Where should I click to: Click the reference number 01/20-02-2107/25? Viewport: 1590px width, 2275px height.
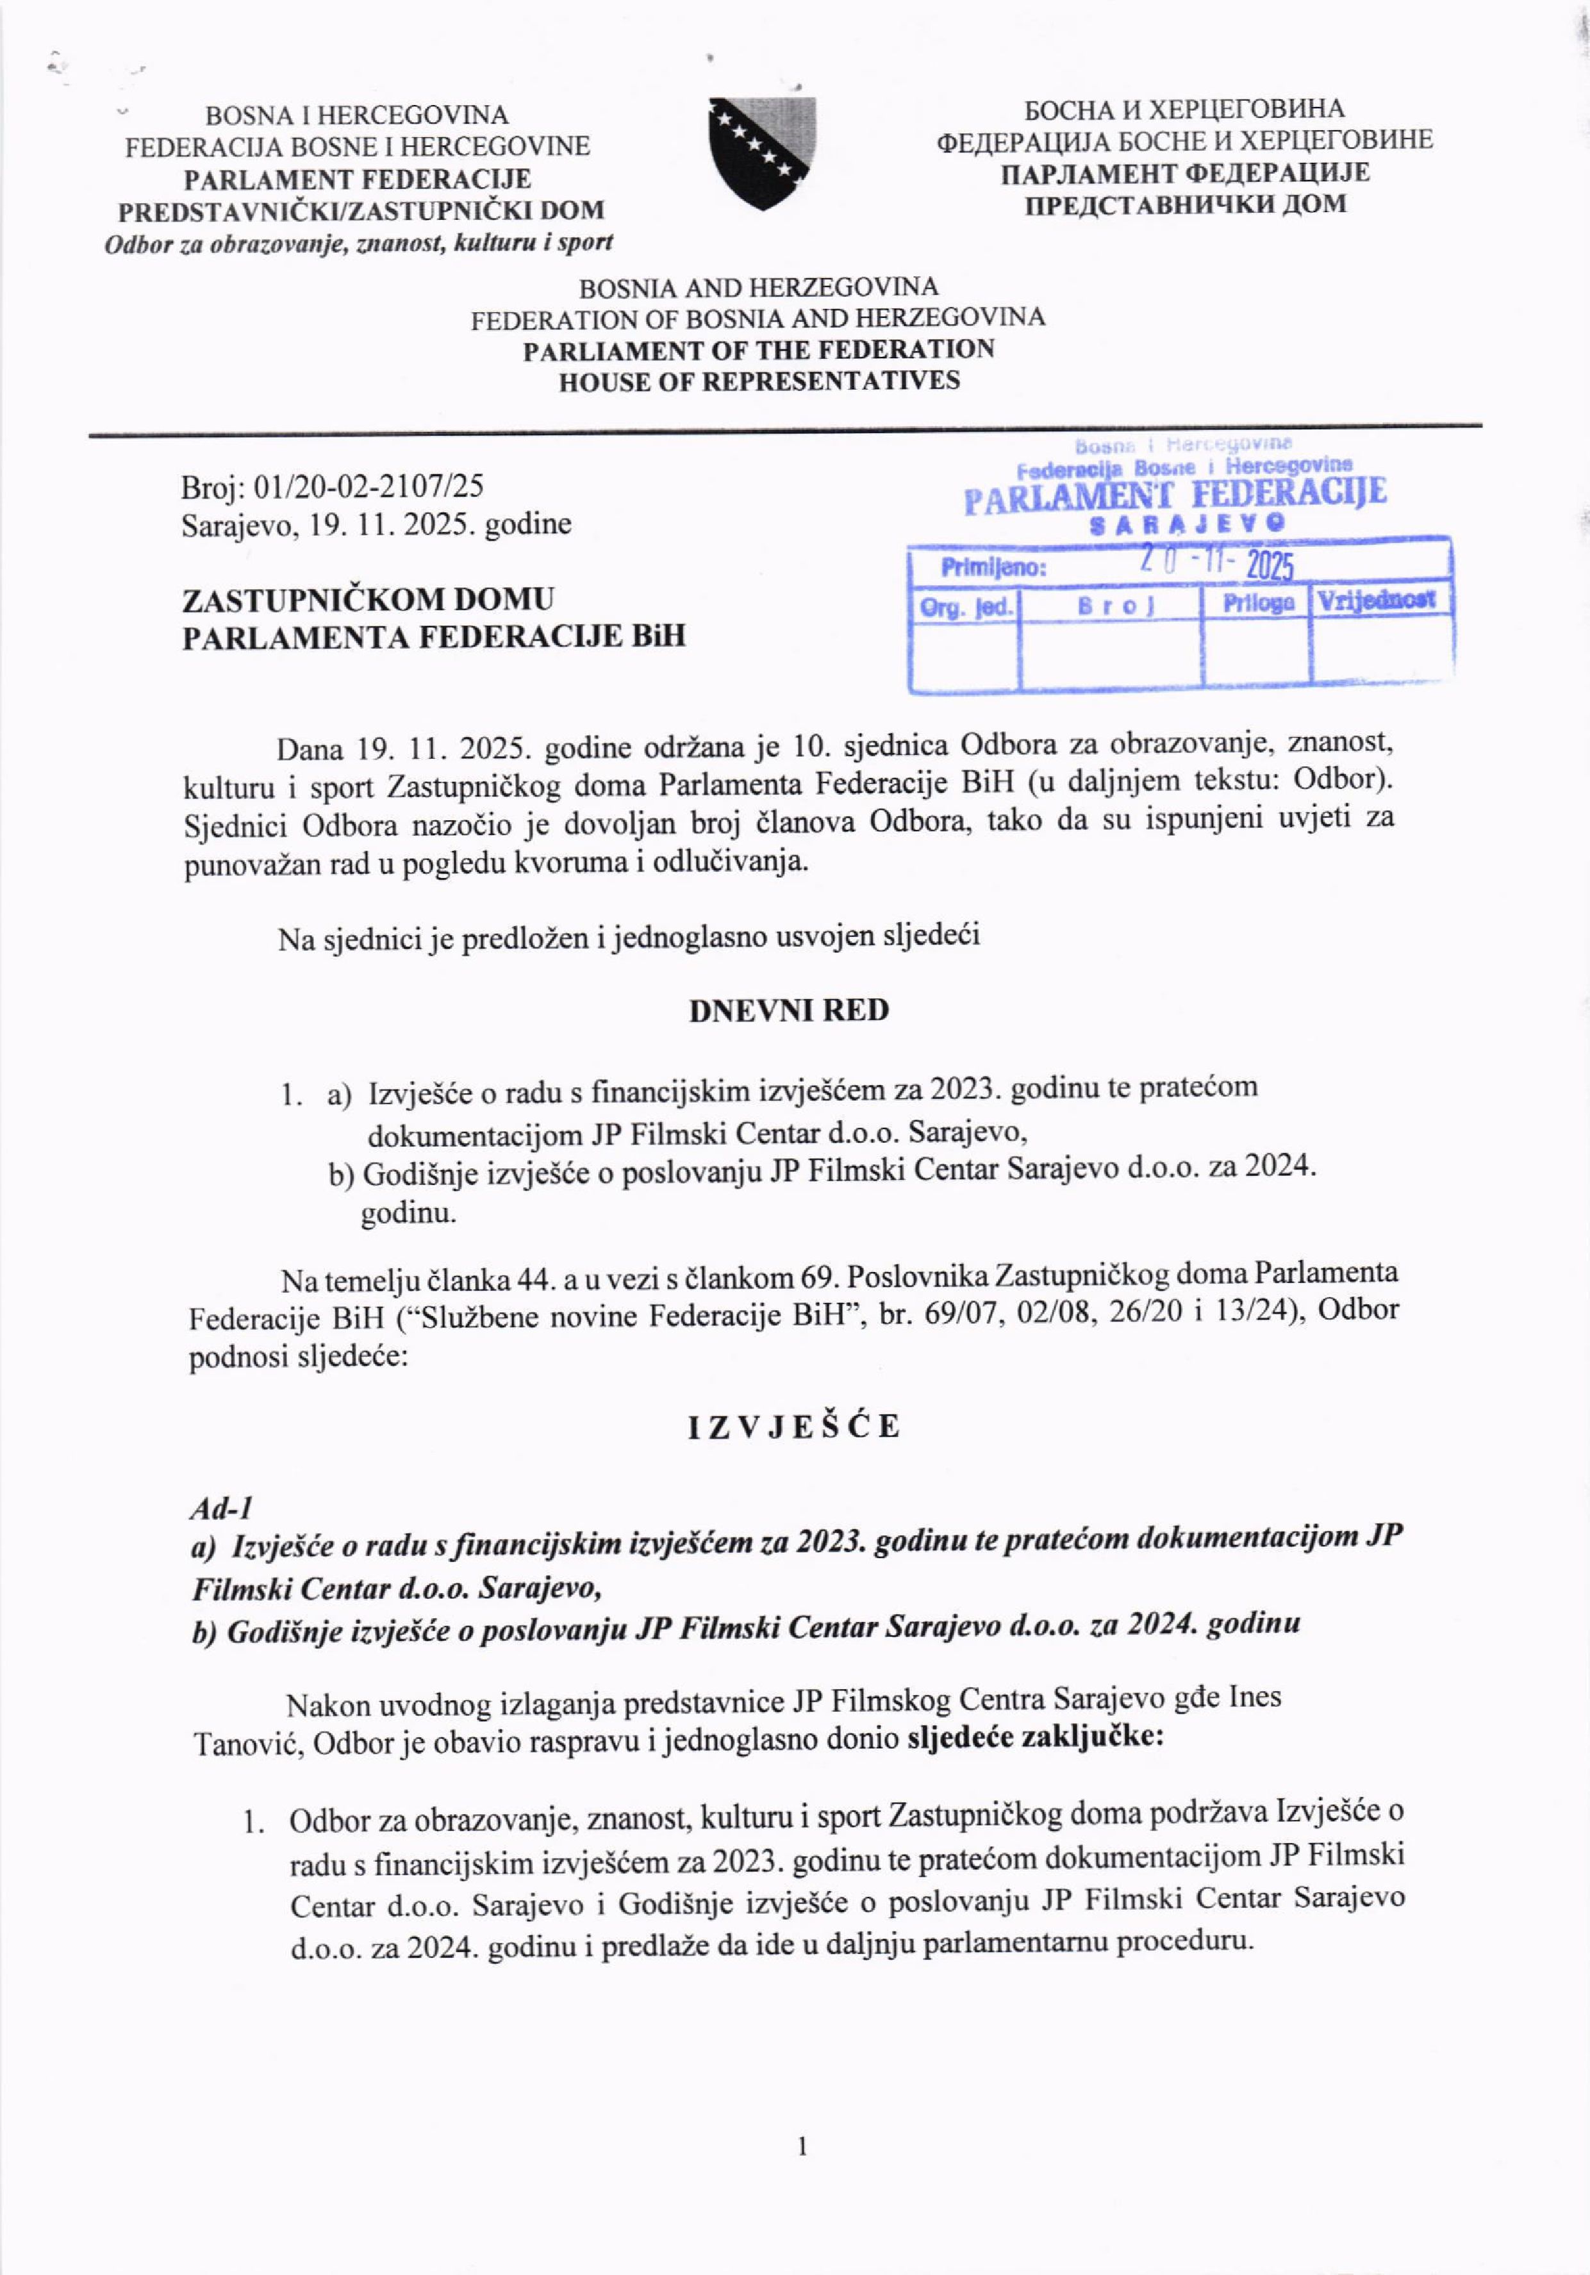tap(369, 486)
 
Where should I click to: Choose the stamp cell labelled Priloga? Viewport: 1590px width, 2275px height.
tap(1257, 602)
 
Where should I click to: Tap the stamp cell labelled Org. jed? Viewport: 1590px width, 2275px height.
tap(965, 606)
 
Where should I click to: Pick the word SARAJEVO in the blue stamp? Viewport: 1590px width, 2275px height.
tap(1188, 523)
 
